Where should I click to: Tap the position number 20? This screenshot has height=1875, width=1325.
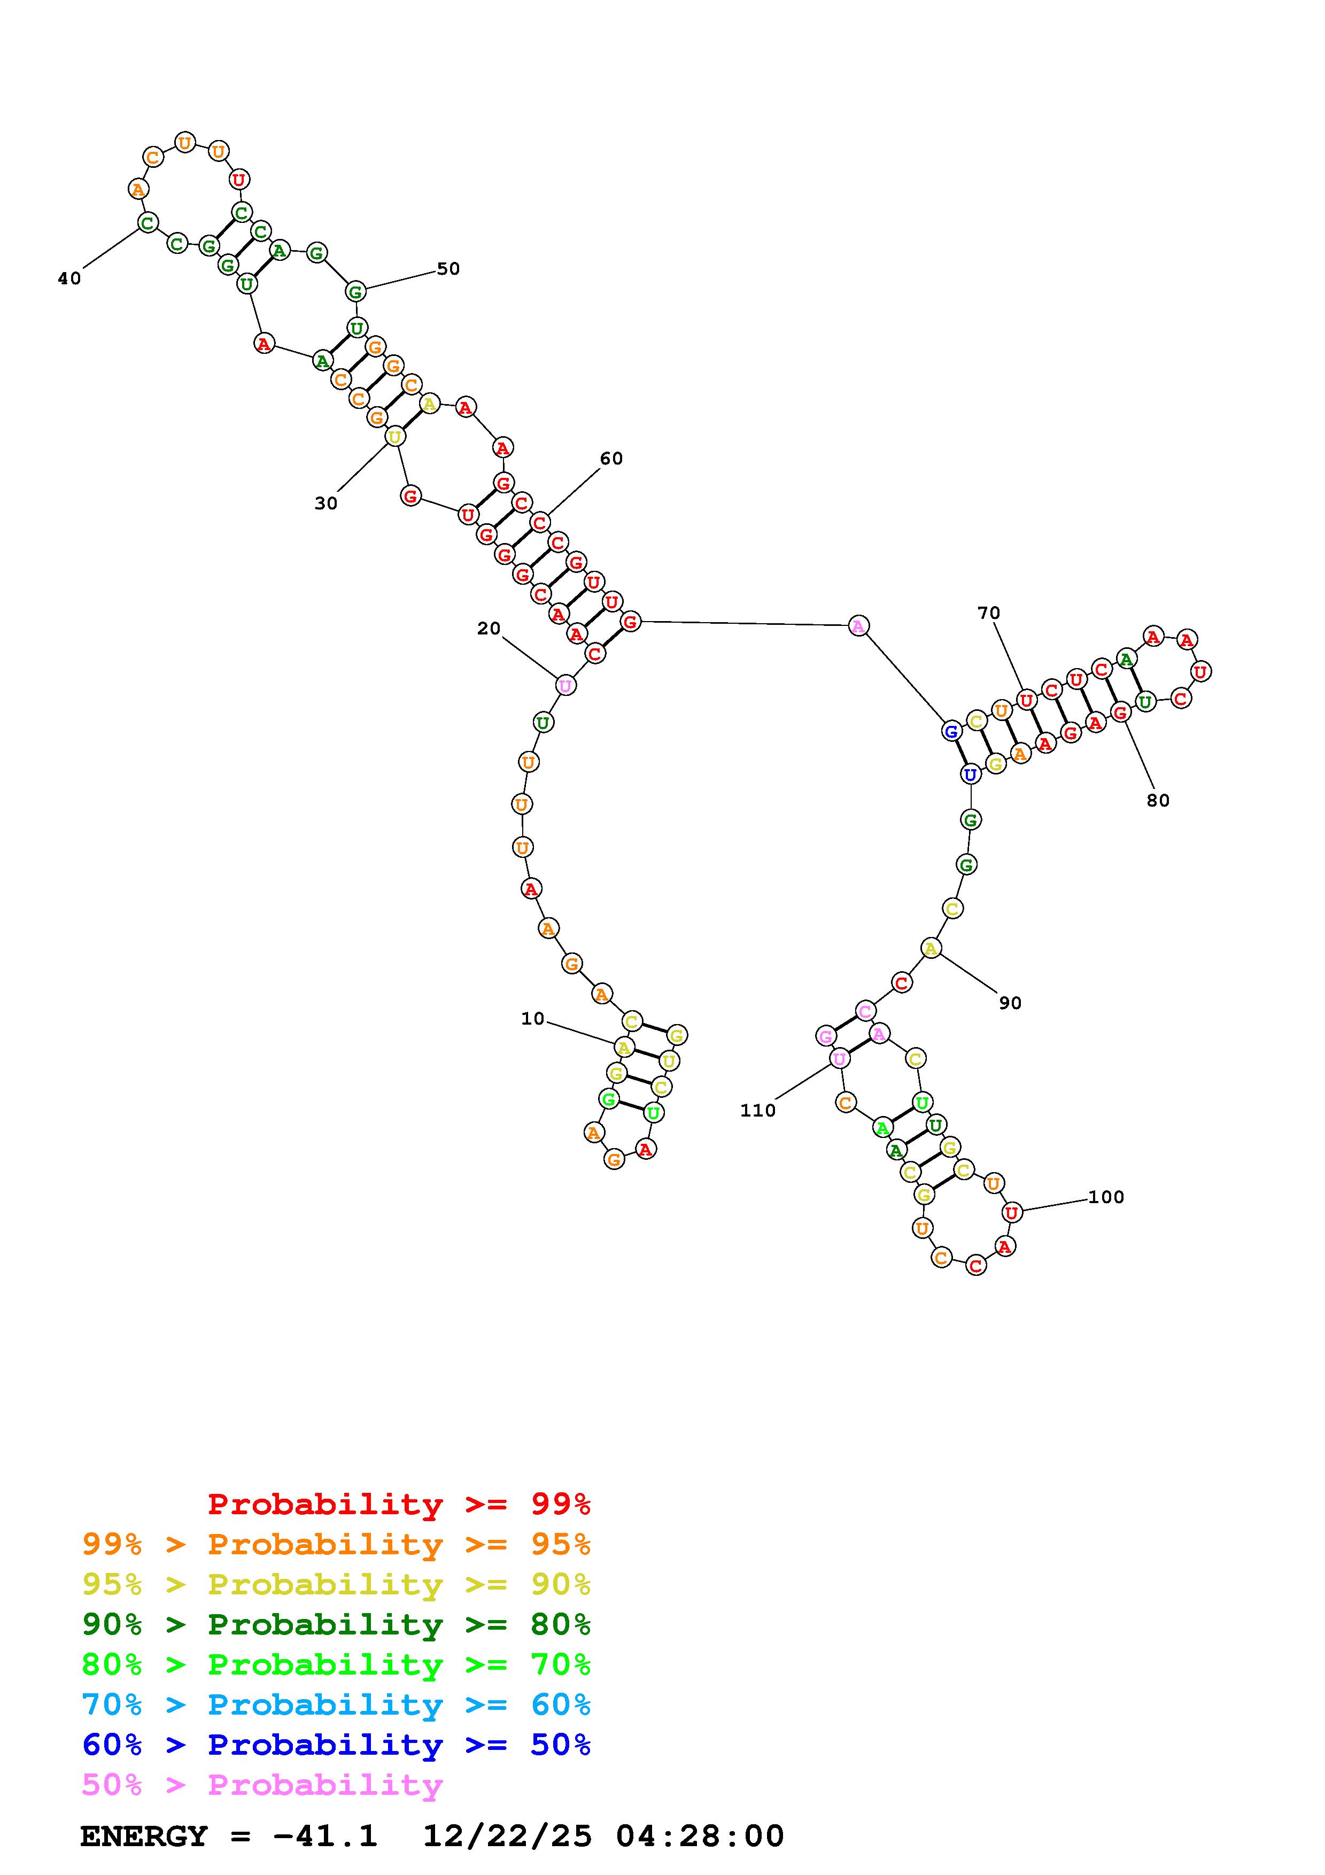[489, 628]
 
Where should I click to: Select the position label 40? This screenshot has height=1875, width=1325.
[69, 278]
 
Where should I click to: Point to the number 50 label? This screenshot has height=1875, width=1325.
[448, 269]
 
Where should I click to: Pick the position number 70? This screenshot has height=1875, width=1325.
[989, 613]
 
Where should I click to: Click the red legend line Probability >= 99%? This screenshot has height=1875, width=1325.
[399, 1504]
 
